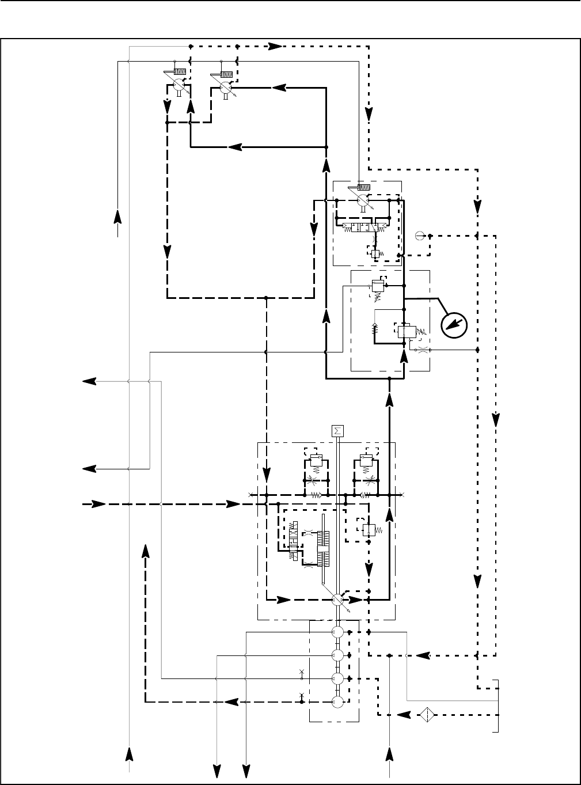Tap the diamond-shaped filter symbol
click(x=427, y=715)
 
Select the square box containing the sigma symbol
click(x=337, y=431)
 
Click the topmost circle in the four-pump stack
click(x=338, y=632)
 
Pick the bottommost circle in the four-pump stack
click(x=338, y=701)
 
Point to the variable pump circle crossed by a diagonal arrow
click(x=338, y=600)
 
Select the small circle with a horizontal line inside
click(x=420, y=235)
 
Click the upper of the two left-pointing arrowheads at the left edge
click(x=89, y=381)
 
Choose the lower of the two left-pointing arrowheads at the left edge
click(x=89, y=469)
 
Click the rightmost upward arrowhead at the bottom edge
click(x=390, y=754)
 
